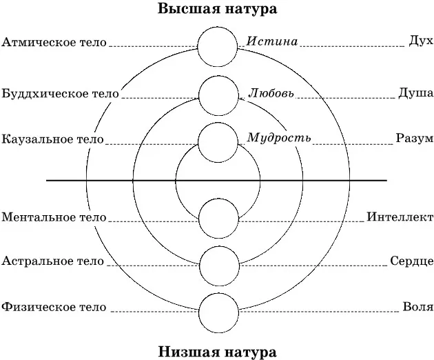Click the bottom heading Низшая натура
pyautogui.click(x=217, y=351)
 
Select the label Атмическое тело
pyautogui.click(x=54, y=42)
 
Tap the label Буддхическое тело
pyautogui.click(x=61, y=92)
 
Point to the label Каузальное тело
pyautogui.click(x=53, y=139)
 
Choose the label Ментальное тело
pyautogui.click(x=54, y=217)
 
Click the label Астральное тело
pyautogui.click(x=53, y=261)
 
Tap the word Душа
pyautogui.click(x=415, y=92)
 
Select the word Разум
pyautogui.click(x=414, y=138)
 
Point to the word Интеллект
pyautogui.click(x=400, y=217)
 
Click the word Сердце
pyautogui.click(x=411, y=261)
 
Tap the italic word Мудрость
pyautogui.click(x=279, y=138)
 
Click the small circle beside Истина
pyautogui.click(x=218, y=45)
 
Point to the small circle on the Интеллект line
pyautogui.click(x=218, y=218)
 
